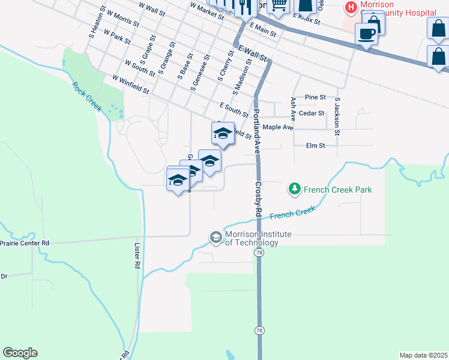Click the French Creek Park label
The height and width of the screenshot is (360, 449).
click(x=338, y=190)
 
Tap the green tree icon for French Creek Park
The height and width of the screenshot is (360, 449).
click(x=295, y=190)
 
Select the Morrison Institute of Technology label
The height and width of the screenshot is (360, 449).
click(x=252, y=238)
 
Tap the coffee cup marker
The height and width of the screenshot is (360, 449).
click(x=366, y=34)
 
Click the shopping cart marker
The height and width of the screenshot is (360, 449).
click(x=278, y=5)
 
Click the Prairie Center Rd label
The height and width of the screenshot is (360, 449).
click(x=25, y=243)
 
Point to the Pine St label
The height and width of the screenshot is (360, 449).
click(x=315, y=97)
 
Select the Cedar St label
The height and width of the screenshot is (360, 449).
click(x=312, y=113)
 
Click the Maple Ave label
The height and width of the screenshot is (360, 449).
click(x=278, y=127)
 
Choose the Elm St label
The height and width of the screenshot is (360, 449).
click(x=315, y=145)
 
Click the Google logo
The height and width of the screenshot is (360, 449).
click(x=20, y=353)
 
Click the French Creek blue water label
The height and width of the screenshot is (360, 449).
click(x=292, y=213)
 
